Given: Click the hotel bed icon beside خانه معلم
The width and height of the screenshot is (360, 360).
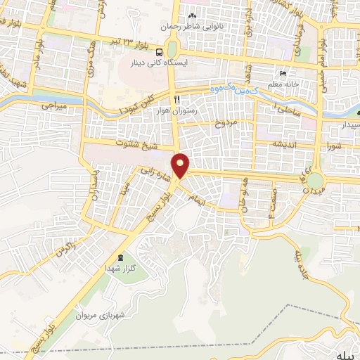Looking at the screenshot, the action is tap(283, 74).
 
